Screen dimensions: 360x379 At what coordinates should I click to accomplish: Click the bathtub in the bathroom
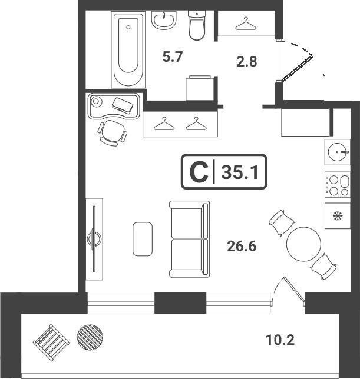128,49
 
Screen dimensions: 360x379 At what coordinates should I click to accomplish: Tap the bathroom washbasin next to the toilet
164,20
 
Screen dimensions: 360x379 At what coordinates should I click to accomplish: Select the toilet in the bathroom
197,26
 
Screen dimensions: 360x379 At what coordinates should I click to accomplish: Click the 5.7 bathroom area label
172,57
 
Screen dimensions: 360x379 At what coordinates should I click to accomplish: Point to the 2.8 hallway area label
247,61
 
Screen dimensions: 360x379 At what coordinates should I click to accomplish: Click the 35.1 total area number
240,172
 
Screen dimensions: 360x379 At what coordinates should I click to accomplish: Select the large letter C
199,172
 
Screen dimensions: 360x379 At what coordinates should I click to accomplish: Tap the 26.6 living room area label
242,247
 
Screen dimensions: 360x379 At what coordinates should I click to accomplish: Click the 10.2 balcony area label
280,340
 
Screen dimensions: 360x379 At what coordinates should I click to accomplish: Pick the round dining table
303,244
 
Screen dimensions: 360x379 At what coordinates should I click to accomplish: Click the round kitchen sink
337,152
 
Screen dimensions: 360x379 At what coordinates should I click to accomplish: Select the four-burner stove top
338,185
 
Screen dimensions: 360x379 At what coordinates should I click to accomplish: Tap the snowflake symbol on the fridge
337,215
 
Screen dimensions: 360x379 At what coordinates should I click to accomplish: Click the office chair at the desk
113,133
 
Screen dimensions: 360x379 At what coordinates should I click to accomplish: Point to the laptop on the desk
123,105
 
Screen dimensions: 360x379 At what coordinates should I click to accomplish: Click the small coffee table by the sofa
143,239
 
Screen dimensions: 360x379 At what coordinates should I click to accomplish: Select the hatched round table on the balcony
90,337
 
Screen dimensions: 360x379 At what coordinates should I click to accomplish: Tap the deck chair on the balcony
51,343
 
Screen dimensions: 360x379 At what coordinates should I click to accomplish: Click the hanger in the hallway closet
246,24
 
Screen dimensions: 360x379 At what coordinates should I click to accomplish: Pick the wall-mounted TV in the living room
94,239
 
